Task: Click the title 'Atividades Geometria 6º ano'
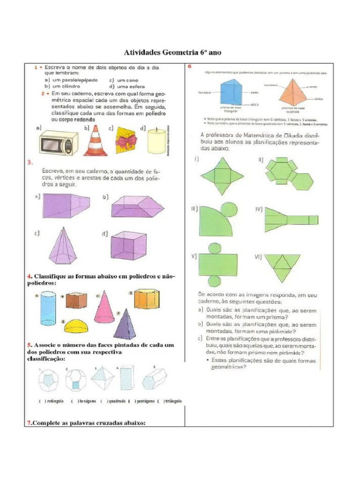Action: [173, 52]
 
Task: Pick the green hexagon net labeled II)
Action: [287, 173]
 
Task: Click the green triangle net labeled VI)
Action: [282, 265]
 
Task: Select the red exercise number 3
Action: [29, 162]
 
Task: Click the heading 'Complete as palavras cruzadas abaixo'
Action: [85, 423]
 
